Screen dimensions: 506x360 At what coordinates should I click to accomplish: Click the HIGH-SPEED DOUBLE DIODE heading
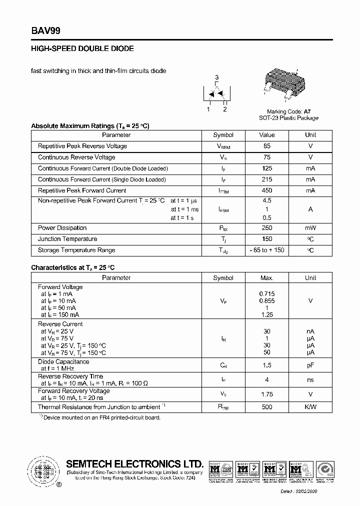coord(82,49)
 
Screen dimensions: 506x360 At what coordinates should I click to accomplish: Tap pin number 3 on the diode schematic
coord(216,77)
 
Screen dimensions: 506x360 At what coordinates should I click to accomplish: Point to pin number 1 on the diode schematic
coord(208,109)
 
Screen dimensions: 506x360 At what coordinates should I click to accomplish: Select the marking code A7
coord(307,111)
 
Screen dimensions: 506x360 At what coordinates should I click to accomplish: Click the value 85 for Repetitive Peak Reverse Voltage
coord(266,146)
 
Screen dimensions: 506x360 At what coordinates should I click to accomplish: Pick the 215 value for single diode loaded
coord(266,179)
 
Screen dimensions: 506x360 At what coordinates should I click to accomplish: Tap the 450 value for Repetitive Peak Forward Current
coord(266,190)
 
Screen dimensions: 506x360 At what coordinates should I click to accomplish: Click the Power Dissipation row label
coord(62,228)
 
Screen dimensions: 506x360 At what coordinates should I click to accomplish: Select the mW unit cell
coord(310,228)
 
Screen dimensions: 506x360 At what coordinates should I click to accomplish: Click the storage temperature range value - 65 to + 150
coord(266,250)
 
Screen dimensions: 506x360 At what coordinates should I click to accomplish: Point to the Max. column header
coord(266,277)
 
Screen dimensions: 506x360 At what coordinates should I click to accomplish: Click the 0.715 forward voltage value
coord(266,294)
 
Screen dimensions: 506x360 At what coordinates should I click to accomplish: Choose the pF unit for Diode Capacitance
coord(310,365)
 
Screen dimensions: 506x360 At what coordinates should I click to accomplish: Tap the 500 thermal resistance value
coord(266,407)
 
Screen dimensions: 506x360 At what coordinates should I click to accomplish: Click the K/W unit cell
coord(310,407)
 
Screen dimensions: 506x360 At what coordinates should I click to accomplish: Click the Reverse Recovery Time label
coord(70,376)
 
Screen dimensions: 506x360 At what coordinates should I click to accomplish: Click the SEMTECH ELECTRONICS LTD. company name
coord(135,463)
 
